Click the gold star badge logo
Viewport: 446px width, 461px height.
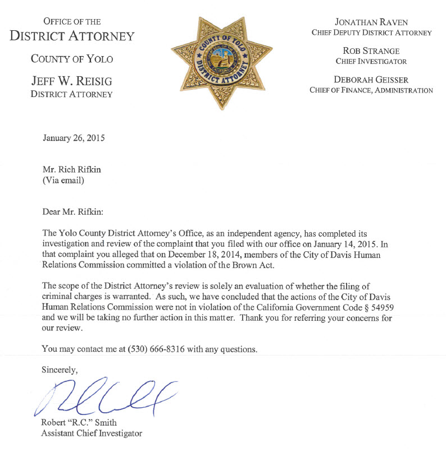tap(223, 62)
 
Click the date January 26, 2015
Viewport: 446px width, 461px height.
tap(74, 137)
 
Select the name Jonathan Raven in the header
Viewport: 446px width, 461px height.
tap(371, 22)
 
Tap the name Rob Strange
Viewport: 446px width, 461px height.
tap(371, 50)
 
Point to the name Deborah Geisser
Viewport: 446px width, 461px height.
tap(371, 80)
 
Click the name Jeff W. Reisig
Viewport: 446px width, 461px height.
tap(71, 82)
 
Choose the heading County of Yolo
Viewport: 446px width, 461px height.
tap(71, 58)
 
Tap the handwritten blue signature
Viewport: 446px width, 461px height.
tap(107, 396)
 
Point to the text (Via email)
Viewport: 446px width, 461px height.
tap(63, 181)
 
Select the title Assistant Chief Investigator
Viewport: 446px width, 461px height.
tap(92, 433)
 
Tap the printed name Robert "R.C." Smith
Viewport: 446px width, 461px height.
tap(79, 422)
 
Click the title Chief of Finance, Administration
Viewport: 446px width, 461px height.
tap(371, 90)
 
